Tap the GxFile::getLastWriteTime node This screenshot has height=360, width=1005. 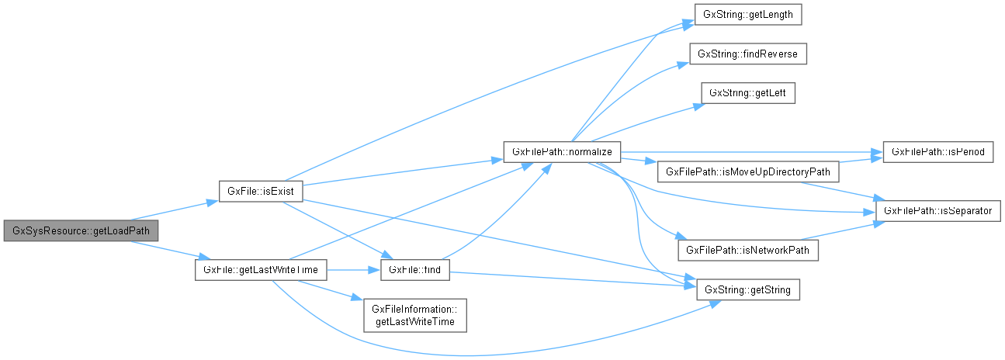(x=260, y=269)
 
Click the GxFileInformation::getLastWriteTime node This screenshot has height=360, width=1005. (x=415, y=315)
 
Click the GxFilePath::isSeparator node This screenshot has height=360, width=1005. (x=939, y=210)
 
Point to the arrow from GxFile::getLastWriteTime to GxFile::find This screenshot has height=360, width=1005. (x=352, y=269)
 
